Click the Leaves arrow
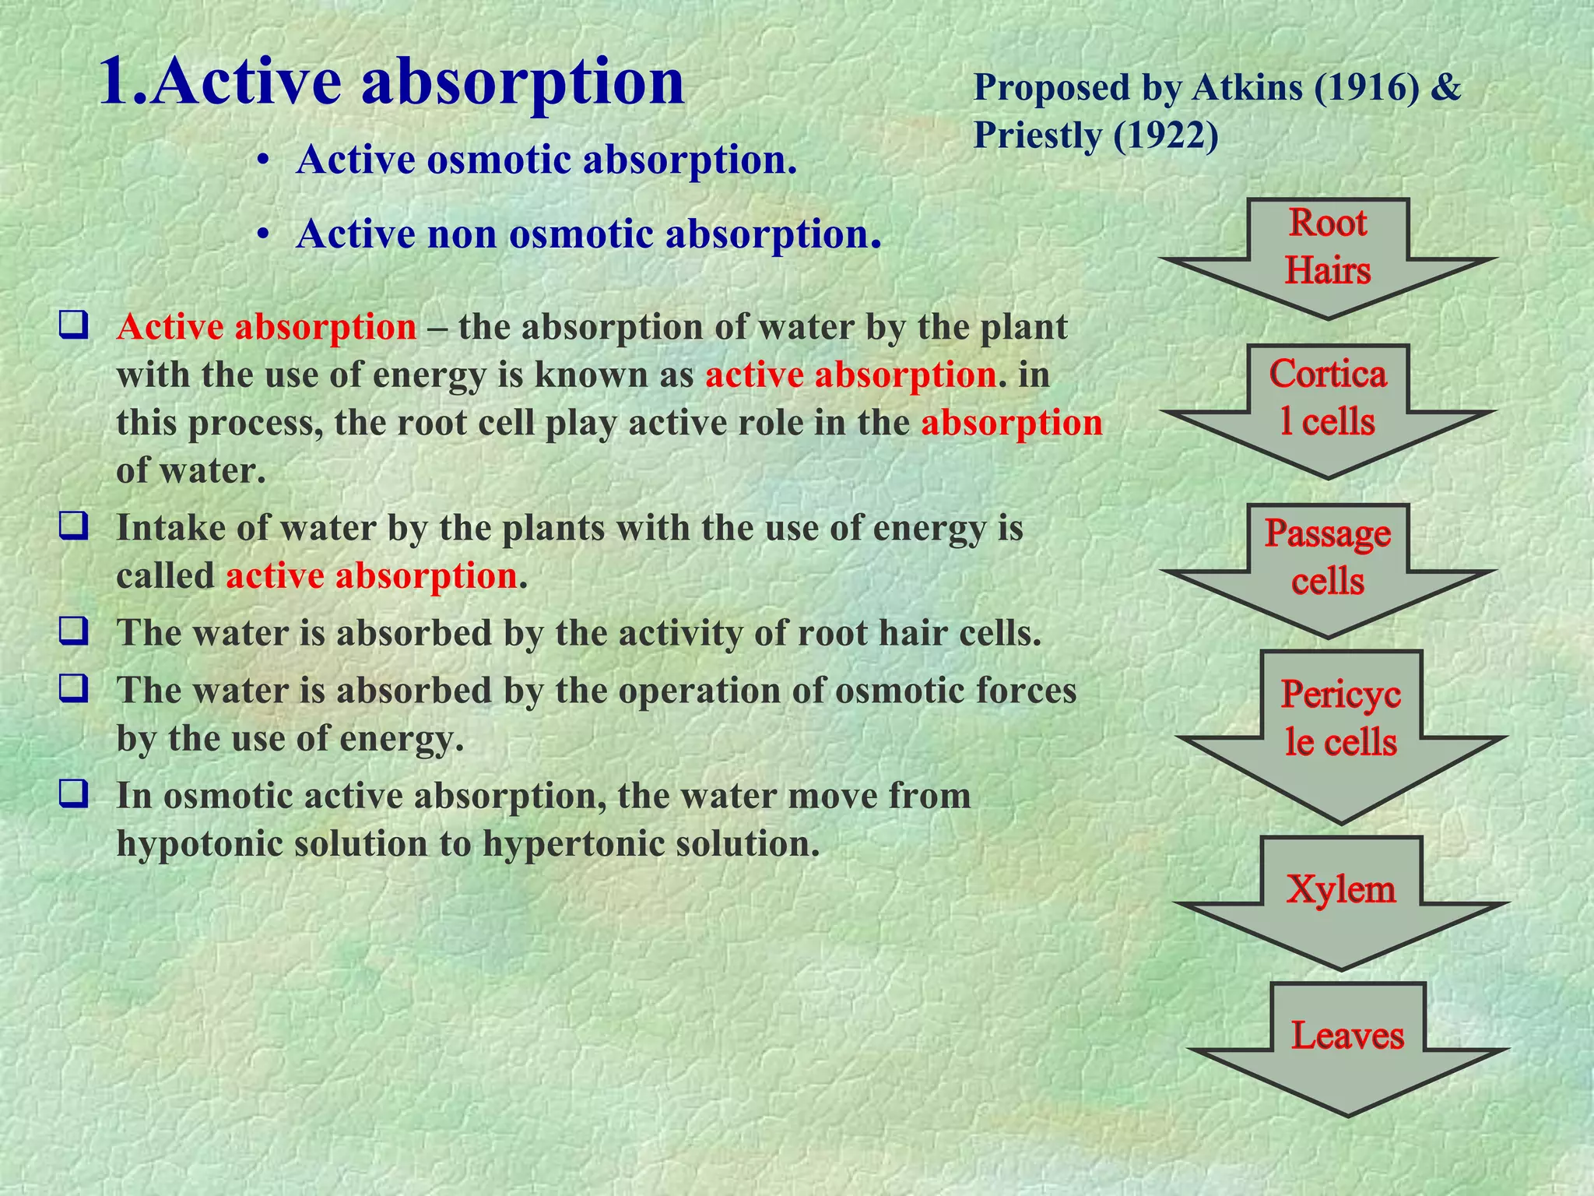coord(1347,1043)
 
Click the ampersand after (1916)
coord(1446,87)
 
